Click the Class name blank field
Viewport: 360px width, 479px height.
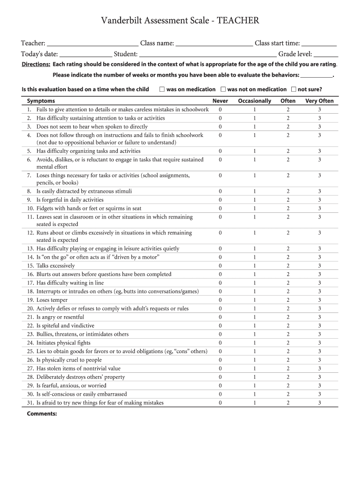click(x=214, y=44)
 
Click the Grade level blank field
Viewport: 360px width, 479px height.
click(x=326, y=54)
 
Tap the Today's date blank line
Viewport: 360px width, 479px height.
click(x=86, y=54)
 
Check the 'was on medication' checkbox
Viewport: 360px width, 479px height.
click(x=162, y=89)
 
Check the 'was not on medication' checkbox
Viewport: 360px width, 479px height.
click(x=223, y=89)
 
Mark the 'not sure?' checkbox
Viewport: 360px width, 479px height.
click(x=294, y=89)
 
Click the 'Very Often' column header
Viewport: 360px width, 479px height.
click(x=319, y=101)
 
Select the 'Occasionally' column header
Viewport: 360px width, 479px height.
click(x=254, y=101)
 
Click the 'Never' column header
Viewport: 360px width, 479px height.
click(x=220, y=101)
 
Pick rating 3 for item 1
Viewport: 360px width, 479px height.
click(x=319, y=109)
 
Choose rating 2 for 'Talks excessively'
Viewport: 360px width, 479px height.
click(x=288, y=266)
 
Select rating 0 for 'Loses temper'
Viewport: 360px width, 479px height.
click(x=220, y=300)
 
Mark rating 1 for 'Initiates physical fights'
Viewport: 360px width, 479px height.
click(x=254, y=343)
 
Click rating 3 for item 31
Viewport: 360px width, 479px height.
click(x=319, y=403)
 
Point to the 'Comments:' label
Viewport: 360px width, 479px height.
click(x=42, y=414)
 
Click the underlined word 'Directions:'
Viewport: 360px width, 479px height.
click(x=36, y=65)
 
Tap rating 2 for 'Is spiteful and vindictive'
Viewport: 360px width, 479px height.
click(x=288, y=326)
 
